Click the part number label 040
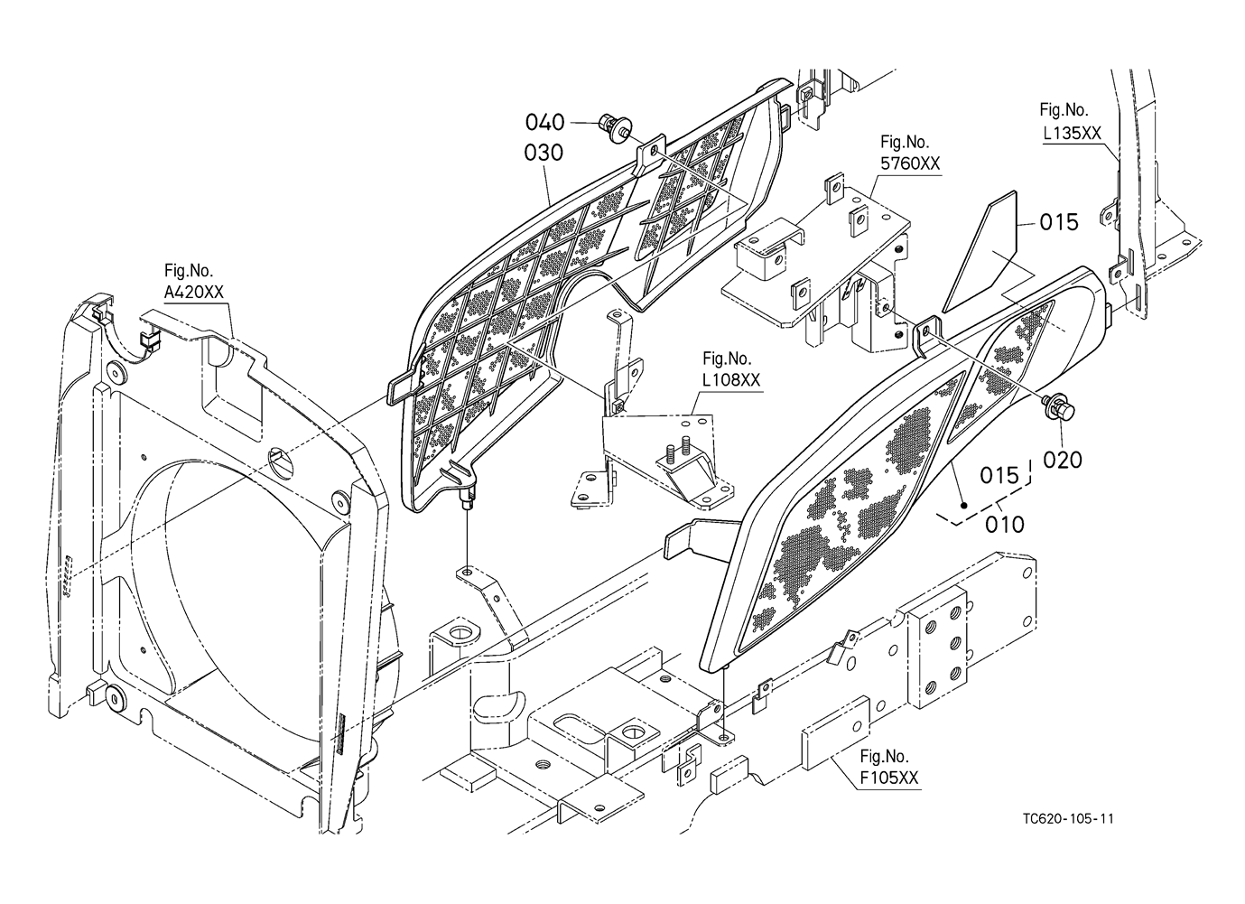click(544, 122)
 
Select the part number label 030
click(544, 153)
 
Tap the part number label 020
click(1062, 460)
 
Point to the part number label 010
click(1004, 524)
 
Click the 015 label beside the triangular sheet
click(1059, 222)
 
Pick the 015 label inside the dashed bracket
click(999, 475)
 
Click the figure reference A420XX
click(193, 293)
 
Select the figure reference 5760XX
click(910, 164)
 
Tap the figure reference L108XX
click(731, 380)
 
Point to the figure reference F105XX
click(889, 778)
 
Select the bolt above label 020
click(1058, 407)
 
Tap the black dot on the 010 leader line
click(964, 505)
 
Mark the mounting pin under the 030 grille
click(467, 499)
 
